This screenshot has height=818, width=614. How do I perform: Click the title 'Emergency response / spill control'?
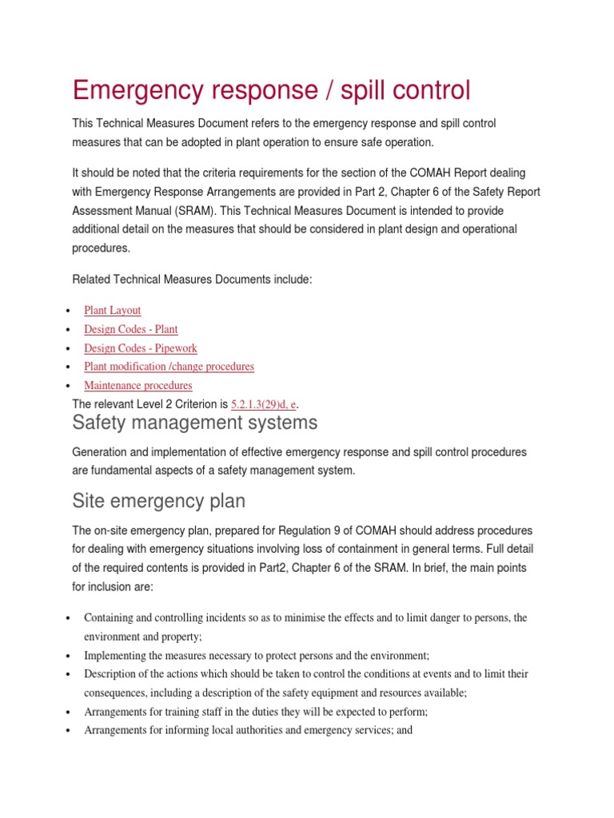click(x=271, y=90)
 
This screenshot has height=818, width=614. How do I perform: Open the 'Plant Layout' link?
click(x=112, y=310)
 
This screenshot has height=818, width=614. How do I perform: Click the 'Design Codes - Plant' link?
click(x=130, y=329)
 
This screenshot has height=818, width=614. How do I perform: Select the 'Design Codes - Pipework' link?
click(x=140, y=348)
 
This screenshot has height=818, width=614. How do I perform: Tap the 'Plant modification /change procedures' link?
click(x=169, y=367)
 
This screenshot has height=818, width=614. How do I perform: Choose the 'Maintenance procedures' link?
click(x=138, y=385)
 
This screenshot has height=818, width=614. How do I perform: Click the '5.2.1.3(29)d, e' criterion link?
click(x=264, y=403)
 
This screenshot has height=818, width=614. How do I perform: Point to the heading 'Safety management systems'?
click(x=194, y=422)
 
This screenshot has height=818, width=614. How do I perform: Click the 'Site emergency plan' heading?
click(x=158, y=501)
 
